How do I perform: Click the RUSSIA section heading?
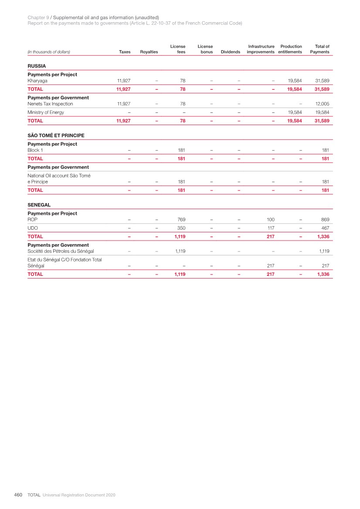coord(37,66)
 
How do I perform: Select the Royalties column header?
coord(149,52)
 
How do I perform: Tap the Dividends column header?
coord(231,52)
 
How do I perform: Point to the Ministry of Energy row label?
coord(45,112)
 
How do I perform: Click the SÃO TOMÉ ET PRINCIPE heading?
coord(56,136)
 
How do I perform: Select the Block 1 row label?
coord(35,150)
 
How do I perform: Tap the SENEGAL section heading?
coord(39,205)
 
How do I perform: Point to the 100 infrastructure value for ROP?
coord(270,220)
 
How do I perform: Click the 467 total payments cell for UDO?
coord(325,228)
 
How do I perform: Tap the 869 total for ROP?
coord(325,220)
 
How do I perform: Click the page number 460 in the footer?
coord(18,495)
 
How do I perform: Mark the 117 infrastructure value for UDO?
coord(271,228)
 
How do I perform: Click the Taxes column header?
coord(125,52)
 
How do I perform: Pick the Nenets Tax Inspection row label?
coord(50,104)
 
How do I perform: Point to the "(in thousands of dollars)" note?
coord(49,52)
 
